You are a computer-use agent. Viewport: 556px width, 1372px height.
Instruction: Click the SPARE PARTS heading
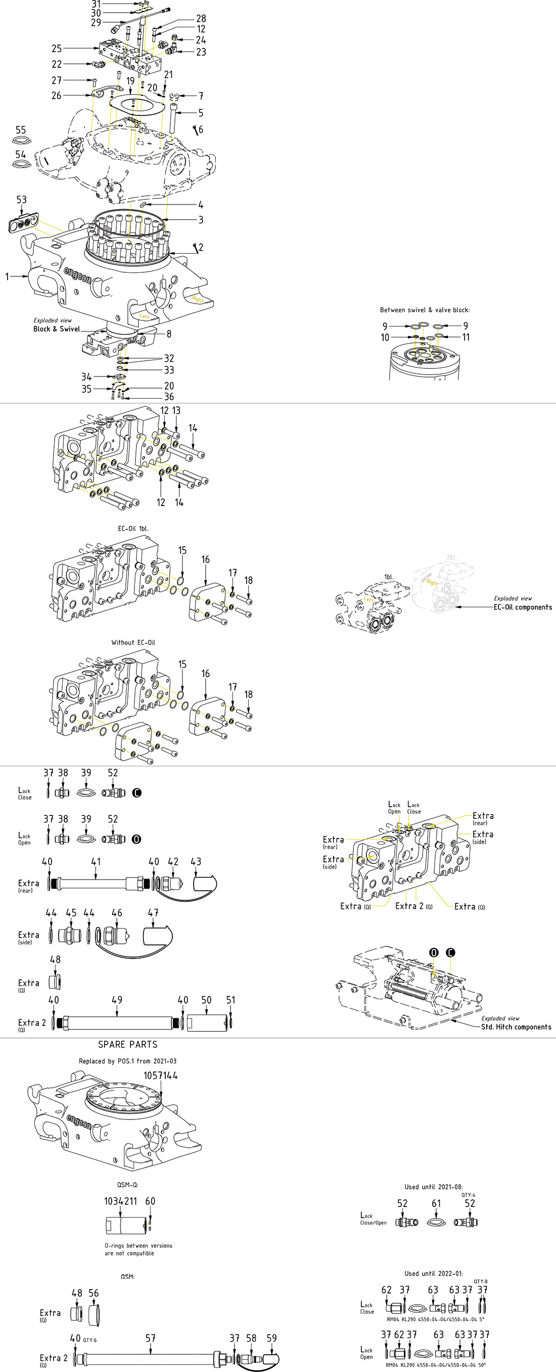[x=128, y=1045]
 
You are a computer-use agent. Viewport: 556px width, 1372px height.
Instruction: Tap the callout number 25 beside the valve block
[x=57, y=49]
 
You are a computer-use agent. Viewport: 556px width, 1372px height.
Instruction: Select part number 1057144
[x=161, y=1075]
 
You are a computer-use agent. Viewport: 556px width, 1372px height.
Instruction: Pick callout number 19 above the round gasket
[x=130, y=81]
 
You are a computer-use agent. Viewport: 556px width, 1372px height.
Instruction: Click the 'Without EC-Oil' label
[x=133, y=642]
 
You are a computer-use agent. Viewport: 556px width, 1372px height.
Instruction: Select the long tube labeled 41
[x=96, y=885]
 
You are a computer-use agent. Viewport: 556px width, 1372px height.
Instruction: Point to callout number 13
[x=176, y=410]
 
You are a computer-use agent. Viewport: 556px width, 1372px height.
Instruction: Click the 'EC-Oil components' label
[x=523, y=607]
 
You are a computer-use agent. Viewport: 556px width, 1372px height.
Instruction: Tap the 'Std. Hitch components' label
[x=516, y=1027]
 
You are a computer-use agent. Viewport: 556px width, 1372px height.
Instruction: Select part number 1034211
[x=120, y=1201]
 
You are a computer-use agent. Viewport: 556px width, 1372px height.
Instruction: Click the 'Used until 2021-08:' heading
[x=434, y=1187]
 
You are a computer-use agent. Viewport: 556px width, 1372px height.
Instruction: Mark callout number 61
[x=436, y=1203]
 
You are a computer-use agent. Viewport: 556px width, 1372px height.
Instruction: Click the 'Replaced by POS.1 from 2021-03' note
[x=128, y=1061]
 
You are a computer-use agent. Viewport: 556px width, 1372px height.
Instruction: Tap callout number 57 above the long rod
[x=151, y=1338]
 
